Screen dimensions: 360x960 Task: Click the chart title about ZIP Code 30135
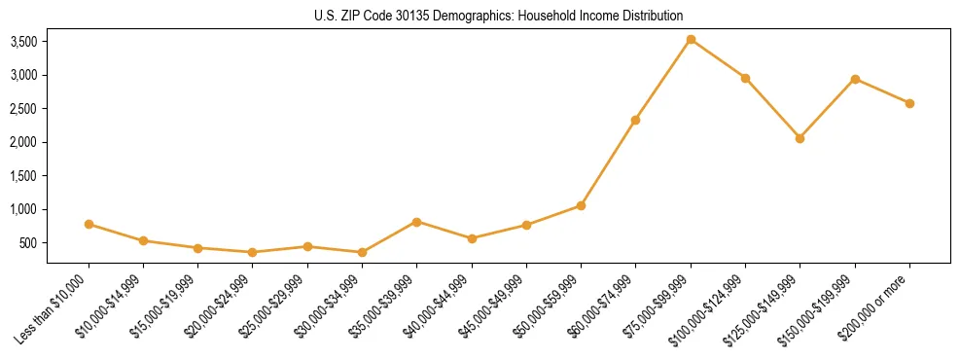pos(499,16)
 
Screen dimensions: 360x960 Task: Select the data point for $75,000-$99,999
pos(691,40)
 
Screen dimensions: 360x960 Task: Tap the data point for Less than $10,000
pos(89,224)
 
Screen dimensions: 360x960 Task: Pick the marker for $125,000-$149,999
pos(800,138)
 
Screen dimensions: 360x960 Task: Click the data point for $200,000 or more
pos(909,103)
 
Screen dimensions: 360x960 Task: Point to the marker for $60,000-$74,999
pos(635,120)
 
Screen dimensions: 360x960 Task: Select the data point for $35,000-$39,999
pos(416,222)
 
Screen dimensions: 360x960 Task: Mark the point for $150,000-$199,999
pos(855,79)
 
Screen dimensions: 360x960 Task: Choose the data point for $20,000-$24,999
pos(253,252)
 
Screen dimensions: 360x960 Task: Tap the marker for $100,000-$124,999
pos(745,78)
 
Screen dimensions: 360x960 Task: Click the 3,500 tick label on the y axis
pos(23,42)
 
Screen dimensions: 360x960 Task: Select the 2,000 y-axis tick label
pos(23,142)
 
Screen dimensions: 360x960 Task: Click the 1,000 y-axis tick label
pos(23,209)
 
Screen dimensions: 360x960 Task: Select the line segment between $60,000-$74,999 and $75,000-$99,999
pos(663,80)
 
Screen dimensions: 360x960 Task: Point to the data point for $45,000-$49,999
pos(526,225)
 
